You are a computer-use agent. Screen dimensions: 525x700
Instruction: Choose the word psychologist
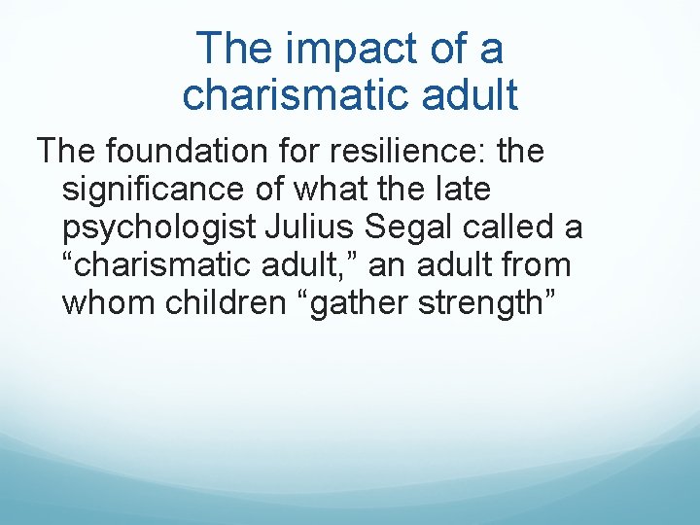coord(157,227)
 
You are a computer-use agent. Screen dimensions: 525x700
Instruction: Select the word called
coord(514,227)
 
